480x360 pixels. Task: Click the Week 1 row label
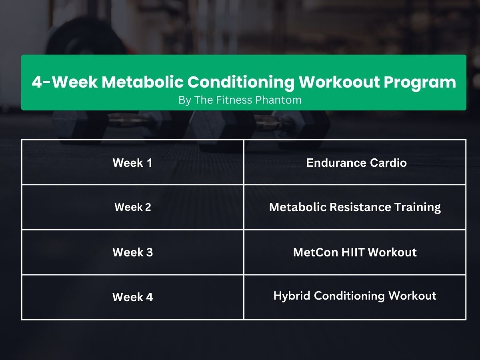[132, 163]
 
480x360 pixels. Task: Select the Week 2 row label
[132, 207]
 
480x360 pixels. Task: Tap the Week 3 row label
[132, 252]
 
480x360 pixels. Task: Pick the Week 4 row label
[132, 297]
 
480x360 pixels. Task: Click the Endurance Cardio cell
[356, 163]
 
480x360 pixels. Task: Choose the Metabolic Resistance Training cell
[355, 207]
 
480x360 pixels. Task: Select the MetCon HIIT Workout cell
[355, 252]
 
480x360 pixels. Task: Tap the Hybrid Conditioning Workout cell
[355, 296]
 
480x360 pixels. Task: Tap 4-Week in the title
[64, 82]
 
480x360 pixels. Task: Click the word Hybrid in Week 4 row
[292, 296]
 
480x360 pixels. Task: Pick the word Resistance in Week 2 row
[355, 207]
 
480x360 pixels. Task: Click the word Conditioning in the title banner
[241, 82]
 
